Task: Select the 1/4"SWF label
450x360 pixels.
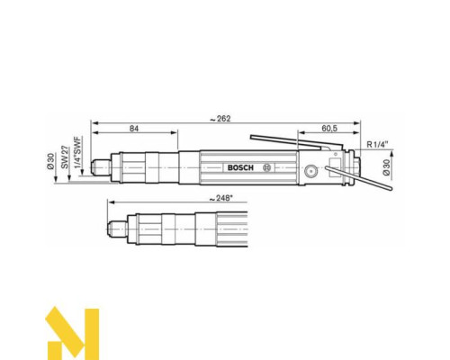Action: point(78,157)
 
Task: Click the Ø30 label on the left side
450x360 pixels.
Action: point(50,166)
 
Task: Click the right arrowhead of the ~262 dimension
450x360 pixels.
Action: point(357,121)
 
